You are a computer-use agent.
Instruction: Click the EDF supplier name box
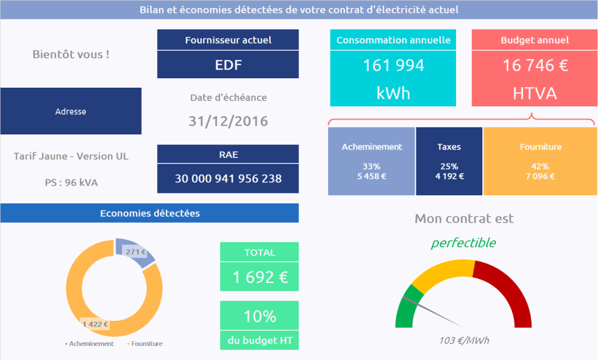coord(228,65)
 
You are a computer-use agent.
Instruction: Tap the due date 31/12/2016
coord(228,121)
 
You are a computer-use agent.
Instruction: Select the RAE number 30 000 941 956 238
coord(228,178)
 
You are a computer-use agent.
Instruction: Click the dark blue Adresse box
coord(71,111)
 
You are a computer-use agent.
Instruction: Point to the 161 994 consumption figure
coord(394,65)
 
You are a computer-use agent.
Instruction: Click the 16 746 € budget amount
coord(535,65)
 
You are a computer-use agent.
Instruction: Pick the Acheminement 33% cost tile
coord(371,161)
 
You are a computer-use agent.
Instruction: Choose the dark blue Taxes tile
coord(449,161)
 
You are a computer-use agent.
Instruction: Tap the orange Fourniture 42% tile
coord(540,161)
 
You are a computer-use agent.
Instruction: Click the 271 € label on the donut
coord(135,252)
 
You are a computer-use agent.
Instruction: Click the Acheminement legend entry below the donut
coord(91,344)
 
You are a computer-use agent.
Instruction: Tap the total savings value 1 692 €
coord(260,277)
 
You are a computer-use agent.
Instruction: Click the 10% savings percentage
coord(260,316)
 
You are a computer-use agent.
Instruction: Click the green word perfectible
coord(464,243)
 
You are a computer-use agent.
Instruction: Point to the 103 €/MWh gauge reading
coord(464,341)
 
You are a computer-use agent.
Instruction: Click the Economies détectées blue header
coord(149,213)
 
